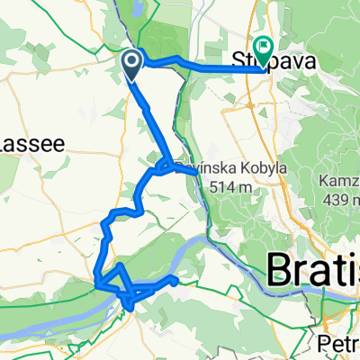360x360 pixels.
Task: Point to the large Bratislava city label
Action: (314, 271)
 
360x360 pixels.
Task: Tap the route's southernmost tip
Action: (131, 309)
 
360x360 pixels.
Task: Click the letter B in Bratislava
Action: (279, 271)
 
